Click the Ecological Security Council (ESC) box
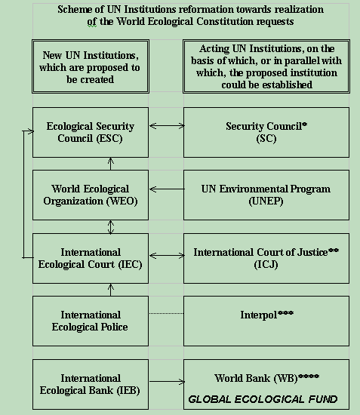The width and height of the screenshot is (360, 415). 91,132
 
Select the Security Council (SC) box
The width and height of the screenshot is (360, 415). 266,132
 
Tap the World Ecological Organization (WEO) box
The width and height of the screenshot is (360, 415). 91,195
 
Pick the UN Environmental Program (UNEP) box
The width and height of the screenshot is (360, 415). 266,195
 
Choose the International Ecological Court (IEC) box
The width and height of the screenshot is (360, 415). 91,258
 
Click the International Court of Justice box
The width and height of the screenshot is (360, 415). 266,258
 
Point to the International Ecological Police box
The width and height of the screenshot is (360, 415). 91,321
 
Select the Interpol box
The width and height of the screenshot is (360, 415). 266,321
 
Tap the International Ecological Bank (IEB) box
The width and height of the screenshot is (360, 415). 91,384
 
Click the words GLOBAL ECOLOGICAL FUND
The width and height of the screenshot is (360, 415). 263,399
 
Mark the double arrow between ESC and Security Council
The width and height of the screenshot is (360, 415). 167,126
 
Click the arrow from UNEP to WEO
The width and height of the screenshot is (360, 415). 167,189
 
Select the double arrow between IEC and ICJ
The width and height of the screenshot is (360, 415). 167,255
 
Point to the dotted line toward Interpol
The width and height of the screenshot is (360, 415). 166,313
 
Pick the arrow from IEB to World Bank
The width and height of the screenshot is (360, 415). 167,381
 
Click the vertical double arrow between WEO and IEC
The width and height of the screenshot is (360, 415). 111,227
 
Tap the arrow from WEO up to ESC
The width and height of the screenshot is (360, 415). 111,164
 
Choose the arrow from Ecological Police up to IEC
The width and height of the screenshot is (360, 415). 111,290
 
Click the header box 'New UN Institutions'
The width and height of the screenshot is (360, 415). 91,66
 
